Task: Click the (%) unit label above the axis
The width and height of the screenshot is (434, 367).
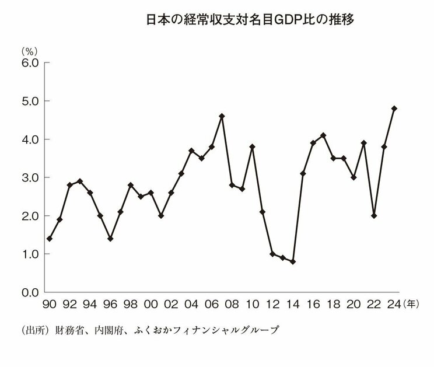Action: (30, 51)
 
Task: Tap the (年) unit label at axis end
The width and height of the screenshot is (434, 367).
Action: (412, 303)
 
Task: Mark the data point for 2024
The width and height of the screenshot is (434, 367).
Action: (394, 109)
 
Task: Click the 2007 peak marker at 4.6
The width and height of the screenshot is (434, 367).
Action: (222, 116)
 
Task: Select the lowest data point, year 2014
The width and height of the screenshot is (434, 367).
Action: (293, 261)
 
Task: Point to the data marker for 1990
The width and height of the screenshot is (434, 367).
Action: (50, 239)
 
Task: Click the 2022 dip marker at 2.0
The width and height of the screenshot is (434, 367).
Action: (374, 215)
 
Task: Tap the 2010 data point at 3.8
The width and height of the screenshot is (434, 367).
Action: (253, 146)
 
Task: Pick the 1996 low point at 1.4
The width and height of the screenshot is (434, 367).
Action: (110, 239)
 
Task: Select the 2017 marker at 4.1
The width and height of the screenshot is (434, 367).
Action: (323, 135)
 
